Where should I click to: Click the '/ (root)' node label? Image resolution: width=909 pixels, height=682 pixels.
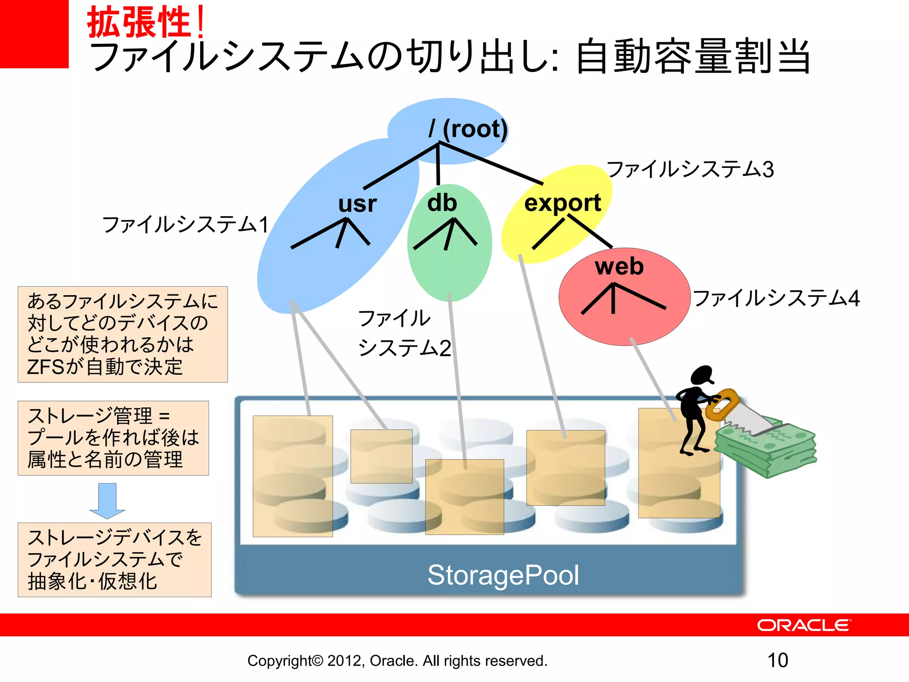pos(468,129)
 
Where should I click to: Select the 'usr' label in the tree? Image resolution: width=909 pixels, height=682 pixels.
pos(357,204)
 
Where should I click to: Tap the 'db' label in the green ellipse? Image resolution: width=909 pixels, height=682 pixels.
pos(442,203)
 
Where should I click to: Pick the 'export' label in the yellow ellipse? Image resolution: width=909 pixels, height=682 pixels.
pos(562,203)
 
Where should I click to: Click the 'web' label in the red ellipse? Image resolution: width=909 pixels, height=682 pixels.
pos(619,266)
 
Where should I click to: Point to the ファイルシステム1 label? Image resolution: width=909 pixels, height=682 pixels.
pos(186,224)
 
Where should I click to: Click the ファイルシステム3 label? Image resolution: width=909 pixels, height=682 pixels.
pos(690,170)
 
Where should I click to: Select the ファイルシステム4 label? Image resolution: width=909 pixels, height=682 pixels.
pos(776,298)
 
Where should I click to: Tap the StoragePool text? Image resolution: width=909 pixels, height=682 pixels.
pos(503,575)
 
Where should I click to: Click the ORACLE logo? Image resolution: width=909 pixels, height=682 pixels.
pos(804,625)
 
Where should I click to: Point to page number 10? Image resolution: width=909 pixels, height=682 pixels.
pos(778,660)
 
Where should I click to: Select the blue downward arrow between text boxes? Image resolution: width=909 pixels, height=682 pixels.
pos(107,501)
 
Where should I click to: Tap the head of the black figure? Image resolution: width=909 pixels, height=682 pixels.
pos(702,375)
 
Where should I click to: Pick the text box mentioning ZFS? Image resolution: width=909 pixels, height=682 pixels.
pos(123,334)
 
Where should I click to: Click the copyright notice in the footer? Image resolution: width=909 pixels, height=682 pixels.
pos(397,661)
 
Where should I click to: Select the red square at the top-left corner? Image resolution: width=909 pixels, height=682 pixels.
pos(34,34)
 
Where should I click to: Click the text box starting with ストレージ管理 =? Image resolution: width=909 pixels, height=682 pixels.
pos(113,438)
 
